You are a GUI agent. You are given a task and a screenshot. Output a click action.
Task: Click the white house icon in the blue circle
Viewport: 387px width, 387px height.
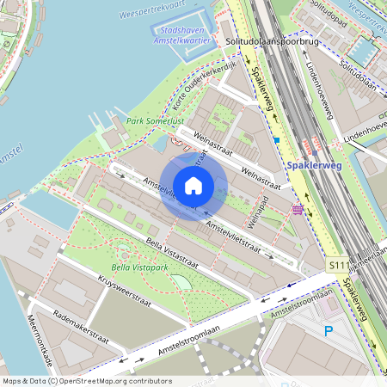coord(193,185)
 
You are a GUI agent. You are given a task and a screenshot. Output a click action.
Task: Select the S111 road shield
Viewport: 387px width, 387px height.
coord(338,269)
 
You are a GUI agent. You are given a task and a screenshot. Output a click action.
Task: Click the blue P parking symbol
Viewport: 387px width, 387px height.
coord(329,330)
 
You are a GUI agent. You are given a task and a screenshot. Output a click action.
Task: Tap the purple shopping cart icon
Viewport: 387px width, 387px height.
coord(298,209)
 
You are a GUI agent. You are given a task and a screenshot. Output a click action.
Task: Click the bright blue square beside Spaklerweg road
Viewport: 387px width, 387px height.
coord(277,139)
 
